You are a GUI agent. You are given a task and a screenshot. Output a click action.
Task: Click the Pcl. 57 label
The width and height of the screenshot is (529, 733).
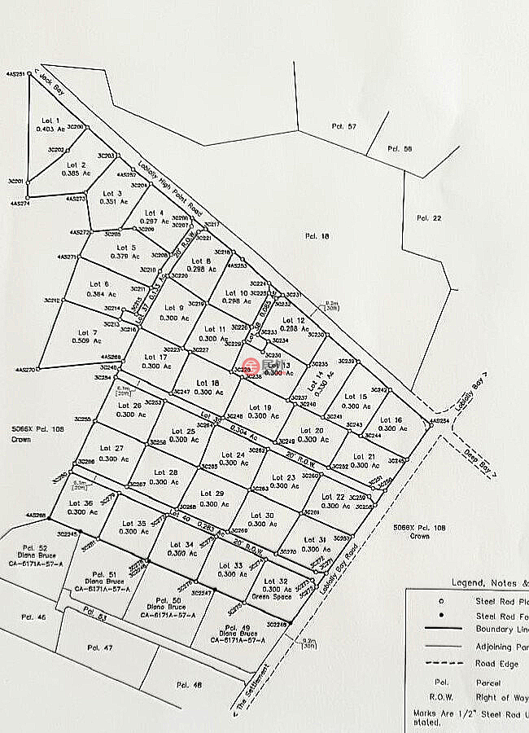tap(344, 126)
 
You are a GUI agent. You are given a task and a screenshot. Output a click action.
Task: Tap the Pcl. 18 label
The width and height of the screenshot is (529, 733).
tap(321, 236)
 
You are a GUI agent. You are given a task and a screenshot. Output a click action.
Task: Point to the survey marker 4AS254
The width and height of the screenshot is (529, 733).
tap(429, 424)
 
